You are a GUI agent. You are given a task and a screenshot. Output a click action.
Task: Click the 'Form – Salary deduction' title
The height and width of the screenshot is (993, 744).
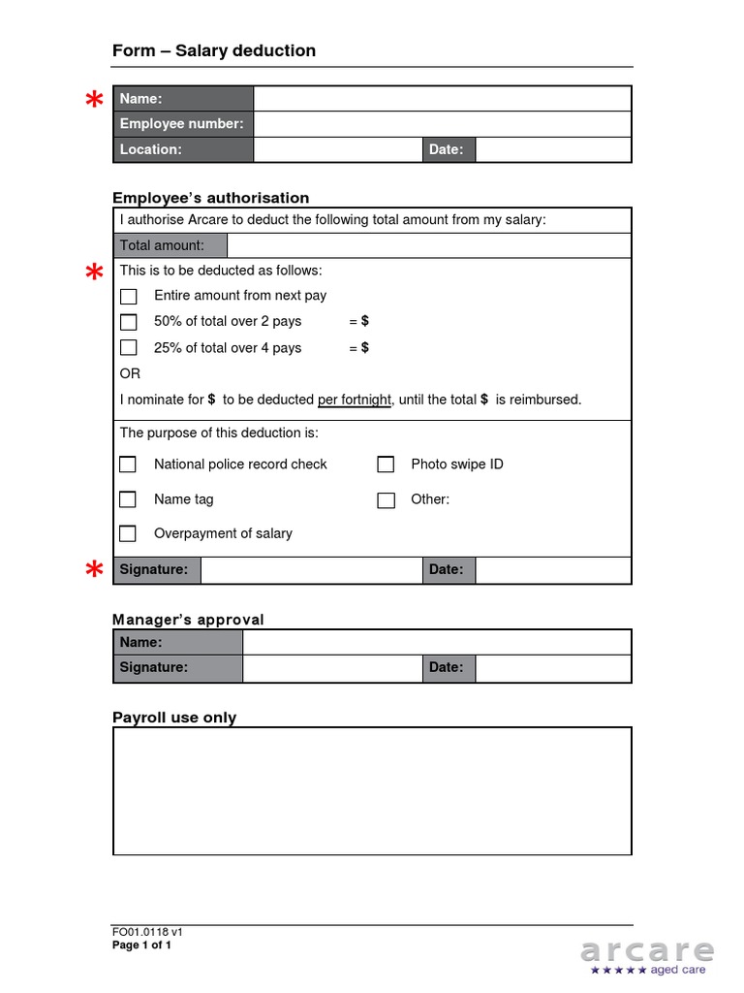(x=214, y=50)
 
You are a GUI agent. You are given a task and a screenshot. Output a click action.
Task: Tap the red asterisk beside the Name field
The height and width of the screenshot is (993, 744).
(x=94, y=101)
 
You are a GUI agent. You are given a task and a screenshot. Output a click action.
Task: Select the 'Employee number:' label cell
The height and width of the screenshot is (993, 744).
(x=182, y=124)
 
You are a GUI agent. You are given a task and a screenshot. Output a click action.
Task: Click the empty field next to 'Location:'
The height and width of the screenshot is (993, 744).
(x=337, y=149)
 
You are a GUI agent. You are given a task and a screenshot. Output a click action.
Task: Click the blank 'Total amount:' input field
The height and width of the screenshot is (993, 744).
(x=428, y=245)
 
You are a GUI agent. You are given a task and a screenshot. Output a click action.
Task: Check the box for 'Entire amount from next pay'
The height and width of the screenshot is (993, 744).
(x=128, y=297)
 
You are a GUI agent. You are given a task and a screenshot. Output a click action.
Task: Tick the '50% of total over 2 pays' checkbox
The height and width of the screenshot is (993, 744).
(x=128, y=322)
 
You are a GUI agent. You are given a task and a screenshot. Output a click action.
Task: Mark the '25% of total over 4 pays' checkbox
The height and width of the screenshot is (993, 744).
(x=128, y=348)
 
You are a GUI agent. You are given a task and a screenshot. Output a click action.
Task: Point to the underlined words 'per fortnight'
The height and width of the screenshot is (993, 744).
(x=355, y=400)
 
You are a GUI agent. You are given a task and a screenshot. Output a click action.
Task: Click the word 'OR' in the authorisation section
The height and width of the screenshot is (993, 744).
(x=130, y=373)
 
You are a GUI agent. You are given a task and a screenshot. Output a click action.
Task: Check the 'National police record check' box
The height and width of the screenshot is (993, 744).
(x=128, y=464)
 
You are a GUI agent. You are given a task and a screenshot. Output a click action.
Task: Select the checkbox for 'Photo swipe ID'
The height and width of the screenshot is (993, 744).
(x=386, y=464)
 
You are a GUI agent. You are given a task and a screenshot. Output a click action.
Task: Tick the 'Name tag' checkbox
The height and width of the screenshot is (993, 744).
(x=128, y=499)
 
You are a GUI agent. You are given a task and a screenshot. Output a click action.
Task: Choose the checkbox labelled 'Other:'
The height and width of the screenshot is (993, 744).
(x=386, y=500)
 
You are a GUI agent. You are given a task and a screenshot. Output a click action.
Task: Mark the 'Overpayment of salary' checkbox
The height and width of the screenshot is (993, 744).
(x=128, y=533)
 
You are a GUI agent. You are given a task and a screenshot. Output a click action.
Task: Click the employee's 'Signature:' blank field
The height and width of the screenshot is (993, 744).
(x=311, y=570)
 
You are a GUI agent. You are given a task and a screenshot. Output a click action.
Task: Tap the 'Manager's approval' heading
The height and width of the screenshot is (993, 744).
(x=188, y=620)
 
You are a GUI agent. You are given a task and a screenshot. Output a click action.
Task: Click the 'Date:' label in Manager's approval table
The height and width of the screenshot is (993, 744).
(x=447, y=667)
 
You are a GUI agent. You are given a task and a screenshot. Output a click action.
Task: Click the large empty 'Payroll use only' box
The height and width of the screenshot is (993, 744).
(x=372, y=790)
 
